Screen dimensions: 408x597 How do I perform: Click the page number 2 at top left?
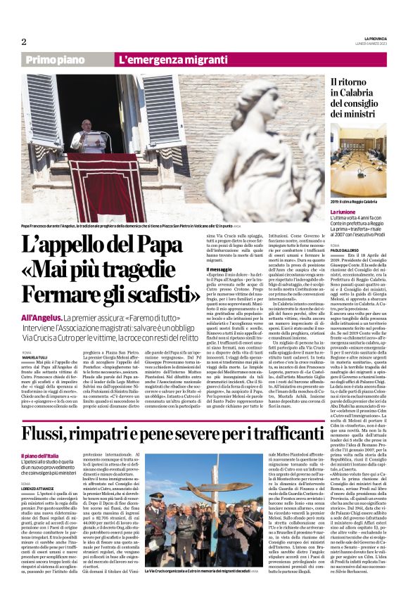tap(23, 41)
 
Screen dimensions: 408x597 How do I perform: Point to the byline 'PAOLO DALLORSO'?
tap(345, 250)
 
